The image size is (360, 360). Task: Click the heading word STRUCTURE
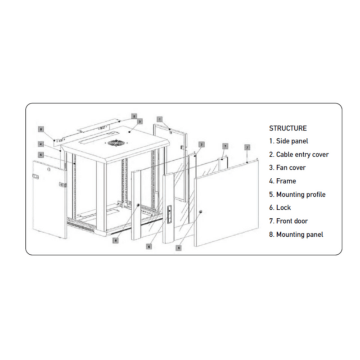[x=288, y=128]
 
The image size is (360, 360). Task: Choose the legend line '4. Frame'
[x=283, y=181]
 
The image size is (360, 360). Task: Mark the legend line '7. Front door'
[x=288, y=221]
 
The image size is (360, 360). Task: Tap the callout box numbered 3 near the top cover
[x=140, y=121]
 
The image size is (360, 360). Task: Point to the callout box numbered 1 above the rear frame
[x=159, y=119]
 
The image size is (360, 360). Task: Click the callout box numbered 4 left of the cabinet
[x=40, y=144]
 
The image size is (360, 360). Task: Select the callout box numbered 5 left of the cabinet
[x=40, y=154]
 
